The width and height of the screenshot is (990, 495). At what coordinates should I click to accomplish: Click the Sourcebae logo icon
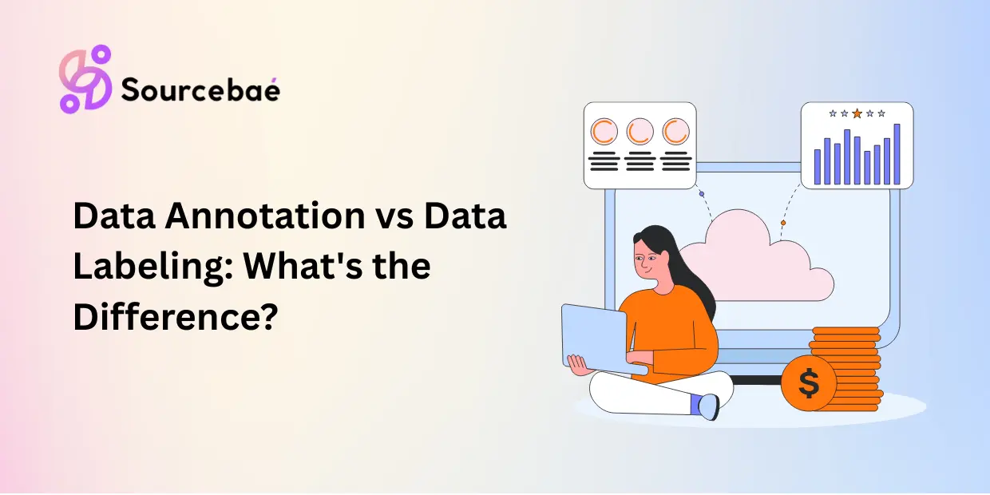click(85, 78)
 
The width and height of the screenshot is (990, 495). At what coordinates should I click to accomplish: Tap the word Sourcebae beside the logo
click(200, 91)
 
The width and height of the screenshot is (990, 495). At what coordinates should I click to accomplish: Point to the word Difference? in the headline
click(176, 317)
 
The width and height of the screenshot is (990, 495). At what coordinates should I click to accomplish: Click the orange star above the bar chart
click(857, 113)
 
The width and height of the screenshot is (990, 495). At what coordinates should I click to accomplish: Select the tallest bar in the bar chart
click(897, 153)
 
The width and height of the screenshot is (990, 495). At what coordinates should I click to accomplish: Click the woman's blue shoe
click(706, 406)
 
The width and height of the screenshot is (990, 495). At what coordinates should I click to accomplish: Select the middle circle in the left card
click(640, 130)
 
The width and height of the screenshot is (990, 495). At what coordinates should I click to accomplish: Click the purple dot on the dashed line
click(701, 194)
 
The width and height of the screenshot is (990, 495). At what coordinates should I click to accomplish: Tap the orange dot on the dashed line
click(782, 223)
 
